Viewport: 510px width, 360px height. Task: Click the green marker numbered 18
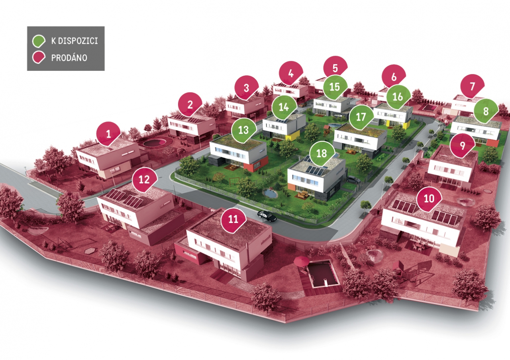point(322,153)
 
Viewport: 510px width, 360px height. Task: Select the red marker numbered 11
point(233,219)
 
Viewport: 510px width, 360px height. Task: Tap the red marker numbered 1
point(108,134)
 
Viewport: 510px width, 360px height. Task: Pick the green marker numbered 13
point(243,130)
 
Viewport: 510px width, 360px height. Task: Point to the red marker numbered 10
point(429,199)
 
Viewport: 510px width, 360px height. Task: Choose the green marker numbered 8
point(486,111)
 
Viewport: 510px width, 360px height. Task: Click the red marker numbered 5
point(335,68)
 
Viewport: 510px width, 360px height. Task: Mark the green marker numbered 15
point(335,87)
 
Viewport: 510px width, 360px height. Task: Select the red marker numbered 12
point(144,180)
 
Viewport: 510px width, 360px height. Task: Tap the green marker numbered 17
point(361,117)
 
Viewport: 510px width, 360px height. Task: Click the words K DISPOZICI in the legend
point(75,41)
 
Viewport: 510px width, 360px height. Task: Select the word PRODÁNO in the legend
point(69,58)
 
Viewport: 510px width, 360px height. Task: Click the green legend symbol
point(39,41)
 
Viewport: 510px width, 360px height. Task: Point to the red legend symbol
point(39,57)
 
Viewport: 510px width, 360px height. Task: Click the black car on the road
point(267,216)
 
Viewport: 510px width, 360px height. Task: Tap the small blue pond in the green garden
point(270,194)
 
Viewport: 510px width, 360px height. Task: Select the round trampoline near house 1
point(155,143)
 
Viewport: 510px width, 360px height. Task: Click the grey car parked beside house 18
point(353,180)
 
